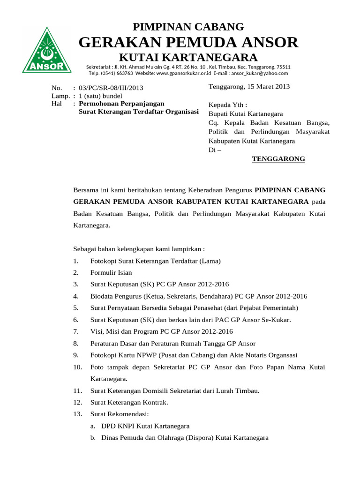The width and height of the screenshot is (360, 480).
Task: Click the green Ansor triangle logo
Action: pyautogui.click(x=47, y=51)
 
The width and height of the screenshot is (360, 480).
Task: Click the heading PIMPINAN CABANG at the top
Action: pyautogui.click(x=188, y=27)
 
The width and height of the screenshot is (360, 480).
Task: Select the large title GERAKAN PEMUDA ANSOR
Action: pyautogui.click(x=188, y=42)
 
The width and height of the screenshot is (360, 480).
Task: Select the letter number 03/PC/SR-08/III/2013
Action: pyautogui.click(x=111, y=88)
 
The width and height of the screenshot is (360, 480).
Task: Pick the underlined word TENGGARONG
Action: pyautogui.click(x=278, y=159)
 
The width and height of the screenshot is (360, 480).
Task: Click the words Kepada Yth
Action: pyautogui.click(x=227, y=105)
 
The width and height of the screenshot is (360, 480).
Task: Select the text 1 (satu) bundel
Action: pyautogui.click(x=100, y=96)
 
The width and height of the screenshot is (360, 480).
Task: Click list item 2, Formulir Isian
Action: pyautogui.click(x=111, y=272)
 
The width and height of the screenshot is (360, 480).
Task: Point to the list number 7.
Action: pyautogui.click(x=76, y=331)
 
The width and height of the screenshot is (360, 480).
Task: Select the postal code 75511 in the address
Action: pyautogui.click(x=283, y=67)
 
